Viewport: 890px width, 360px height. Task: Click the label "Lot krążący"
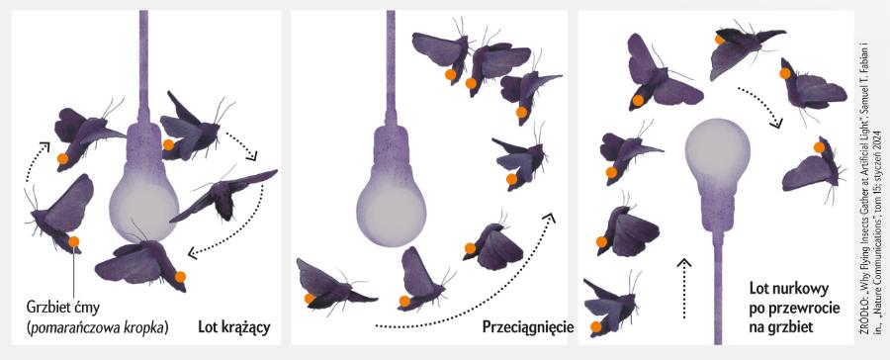[x=233, y=327]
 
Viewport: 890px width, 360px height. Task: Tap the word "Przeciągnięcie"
[x=528, y=327]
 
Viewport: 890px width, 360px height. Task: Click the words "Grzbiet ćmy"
[x=63, y=308]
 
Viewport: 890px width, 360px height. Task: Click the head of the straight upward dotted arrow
[x=684, y=263]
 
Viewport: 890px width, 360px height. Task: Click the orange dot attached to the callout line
[x=74, y=242]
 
